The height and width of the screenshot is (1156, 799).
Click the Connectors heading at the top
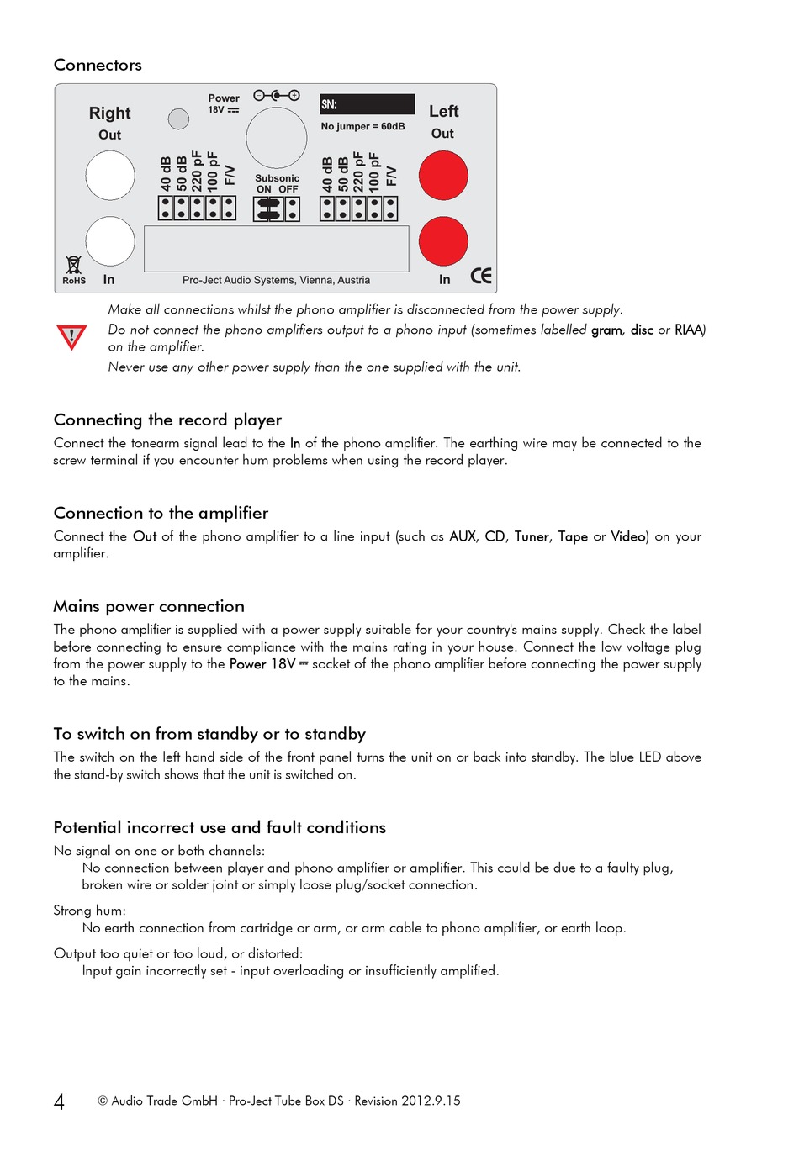[x=98, y=66]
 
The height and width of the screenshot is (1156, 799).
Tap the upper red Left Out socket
[x=443, y=176]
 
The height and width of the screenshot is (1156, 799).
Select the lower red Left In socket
[x=443, y=241]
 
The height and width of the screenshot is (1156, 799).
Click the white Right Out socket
[x=110, y=176]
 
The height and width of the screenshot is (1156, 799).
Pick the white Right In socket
[x=110, y=241]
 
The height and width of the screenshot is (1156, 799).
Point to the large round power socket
[x=276, y=138]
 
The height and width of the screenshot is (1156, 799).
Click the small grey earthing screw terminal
[x=178, y=119]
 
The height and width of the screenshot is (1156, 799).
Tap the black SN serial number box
[x=367, y=104]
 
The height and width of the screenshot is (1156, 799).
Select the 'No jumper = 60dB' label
[x=362, y=127]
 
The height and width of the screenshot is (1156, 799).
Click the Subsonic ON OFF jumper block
[x=277, y=209]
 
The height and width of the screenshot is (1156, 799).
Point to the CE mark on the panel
[x=481, y=277]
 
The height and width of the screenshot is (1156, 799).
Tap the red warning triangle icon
[x=71, y=337]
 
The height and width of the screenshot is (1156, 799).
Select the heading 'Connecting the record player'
[x=167, y=420]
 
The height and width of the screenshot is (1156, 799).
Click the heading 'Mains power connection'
[x=149, y=607]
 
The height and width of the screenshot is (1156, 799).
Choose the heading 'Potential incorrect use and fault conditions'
[x=220, y=828]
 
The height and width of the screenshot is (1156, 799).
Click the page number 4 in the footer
[x=59, y=1102]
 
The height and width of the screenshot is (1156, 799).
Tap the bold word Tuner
[x=532, y=536]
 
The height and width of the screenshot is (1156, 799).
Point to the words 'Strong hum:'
[x=89, y=911]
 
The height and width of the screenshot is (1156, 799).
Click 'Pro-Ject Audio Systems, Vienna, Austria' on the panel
[x=276, y=281]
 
